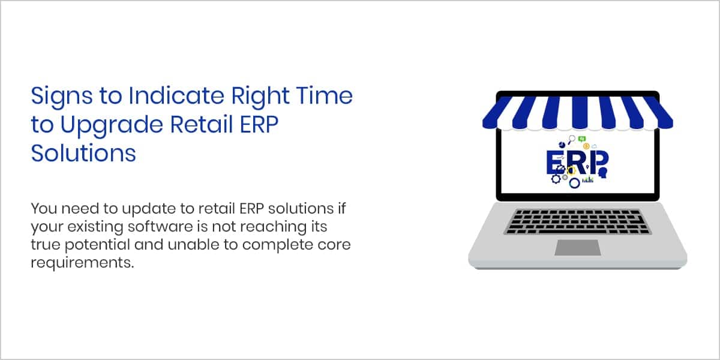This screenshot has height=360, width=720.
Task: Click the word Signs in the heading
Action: click(x=62, y=96)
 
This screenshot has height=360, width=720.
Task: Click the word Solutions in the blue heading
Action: click(x=83, y=153)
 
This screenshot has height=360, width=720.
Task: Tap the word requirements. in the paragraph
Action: click(x=82, y=263)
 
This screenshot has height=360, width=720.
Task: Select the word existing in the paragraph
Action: click(x=95, y=227)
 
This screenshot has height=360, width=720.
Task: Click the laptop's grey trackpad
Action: click(x=578, y=247)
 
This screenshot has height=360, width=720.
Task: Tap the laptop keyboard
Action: click(x=578, y=222)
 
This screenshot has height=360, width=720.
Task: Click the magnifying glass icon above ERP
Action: click(x=571, y=139)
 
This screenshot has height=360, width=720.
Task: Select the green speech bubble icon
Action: click(x=582, y=139)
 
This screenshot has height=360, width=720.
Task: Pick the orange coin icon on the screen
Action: click(x=586, y=146)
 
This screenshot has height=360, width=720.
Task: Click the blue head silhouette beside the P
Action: click(x=603, y=173)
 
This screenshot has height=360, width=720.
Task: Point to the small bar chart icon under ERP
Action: click(x=588, y=179)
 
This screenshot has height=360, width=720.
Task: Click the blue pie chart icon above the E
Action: click(x=562, y=145)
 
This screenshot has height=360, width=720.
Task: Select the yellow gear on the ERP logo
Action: click(x=571, y=170)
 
